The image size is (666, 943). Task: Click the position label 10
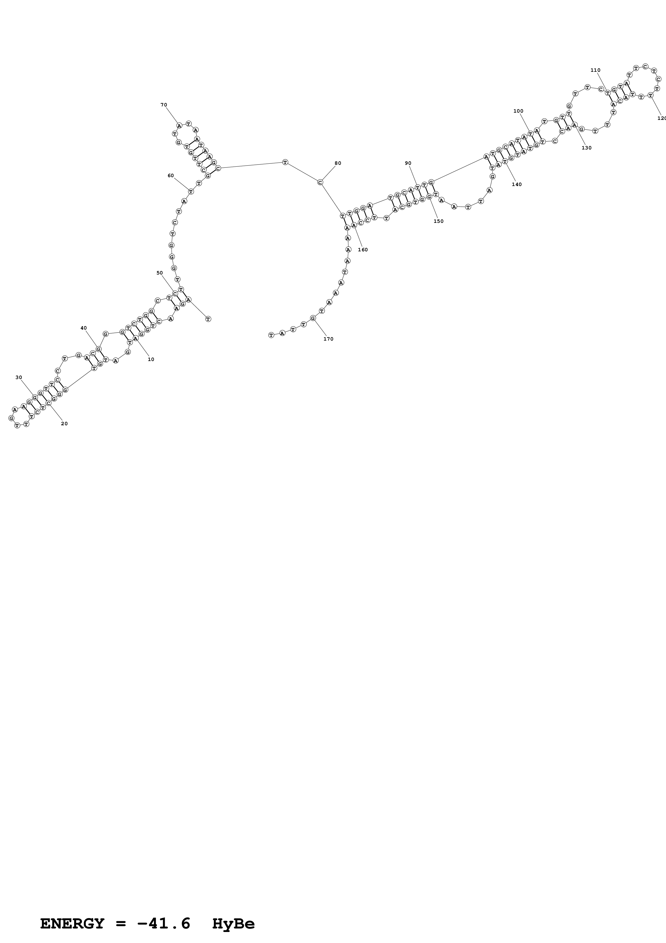tap(151, 359)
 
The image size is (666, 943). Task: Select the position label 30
tap(19, 377)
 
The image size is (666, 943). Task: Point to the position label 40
tap(84, 328)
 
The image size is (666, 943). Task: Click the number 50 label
tap(160, 273)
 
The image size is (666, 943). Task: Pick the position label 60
tap(171, 176)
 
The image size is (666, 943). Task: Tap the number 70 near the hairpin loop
tap(164, 105)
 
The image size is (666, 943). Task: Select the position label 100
tap(518, 111)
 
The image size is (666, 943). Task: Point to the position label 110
tap(595, 70)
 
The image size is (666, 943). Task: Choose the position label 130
tap(587, 148)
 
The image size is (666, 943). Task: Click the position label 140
tap(517, 184)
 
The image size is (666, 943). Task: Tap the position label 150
tap(439, 222)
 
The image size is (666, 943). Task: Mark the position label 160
tap(363, 250)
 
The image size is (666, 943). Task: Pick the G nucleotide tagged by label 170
tap(313, 318)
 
